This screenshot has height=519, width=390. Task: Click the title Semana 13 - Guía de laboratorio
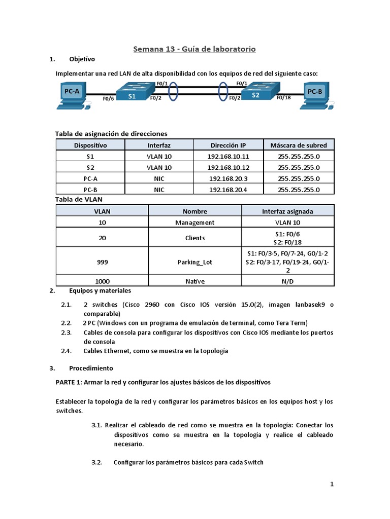click(194, 49)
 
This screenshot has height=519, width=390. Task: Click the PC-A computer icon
click(72, 96)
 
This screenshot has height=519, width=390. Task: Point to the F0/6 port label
click(108, 99)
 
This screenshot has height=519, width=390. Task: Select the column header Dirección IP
click(227, 145)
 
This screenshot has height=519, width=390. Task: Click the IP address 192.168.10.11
click(229, 157)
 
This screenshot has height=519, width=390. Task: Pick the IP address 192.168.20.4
click(229, 190)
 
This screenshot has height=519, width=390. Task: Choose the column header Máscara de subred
click(299, 145)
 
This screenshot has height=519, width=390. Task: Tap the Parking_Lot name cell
click(194, 262)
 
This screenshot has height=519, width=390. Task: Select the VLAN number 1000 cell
click(102, 281)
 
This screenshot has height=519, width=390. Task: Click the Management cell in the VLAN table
click(194, 223)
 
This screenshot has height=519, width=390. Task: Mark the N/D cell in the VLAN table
click(287, 281)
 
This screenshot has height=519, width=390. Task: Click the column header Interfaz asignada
click(287, 211)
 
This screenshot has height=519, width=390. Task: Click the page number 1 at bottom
click(332, 484)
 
